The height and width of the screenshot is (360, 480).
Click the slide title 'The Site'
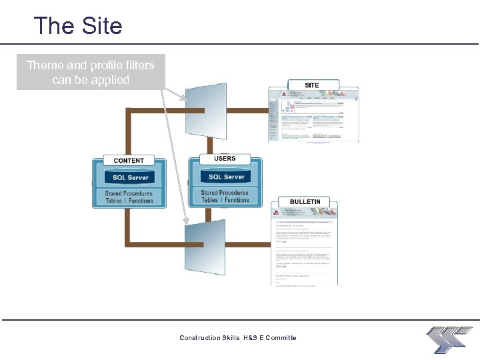pyautogui.click(x=78, y=26)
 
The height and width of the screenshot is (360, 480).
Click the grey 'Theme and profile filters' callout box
pyautogui.click(x=91, y=72)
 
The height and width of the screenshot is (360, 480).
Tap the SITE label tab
pyautogui.click(x=311, y=85)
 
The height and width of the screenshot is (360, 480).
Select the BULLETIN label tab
pyautogui.click(x=305, y=201)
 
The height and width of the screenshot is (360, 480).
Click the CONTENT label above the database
pyautogui.click(x=129, y=161)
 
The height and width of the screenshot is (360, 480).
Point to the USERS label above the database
pyautogui.click(x=225, y=159)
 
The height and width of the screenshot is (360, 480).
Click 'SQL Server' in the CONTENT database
pyautogui.click(x=130, y=177)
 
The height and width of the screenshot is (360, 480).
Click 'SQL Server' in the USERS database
pyautogui.click(x=226, y=177)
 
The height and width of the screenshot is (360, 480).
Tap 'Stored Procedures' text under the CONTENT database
pyautogui.click(x=129, y=193)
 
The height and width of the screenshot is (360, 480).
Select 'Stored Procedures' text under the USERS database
pyautogui.click(x=225, y=193)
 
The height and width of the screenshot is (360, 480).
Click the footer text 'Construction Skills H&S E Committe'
pyautogui.click(x=237, y=338)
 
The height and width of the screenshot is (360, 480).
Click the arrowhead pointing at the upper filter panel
pyautogui.click(x=184, y=99)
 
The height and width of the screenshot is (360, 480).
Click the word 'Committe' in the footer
pyautogui.click(x=281, y=338)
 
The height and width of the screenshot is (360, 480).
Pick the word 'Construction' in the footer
pyautogui.click(x=199, y=338)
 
